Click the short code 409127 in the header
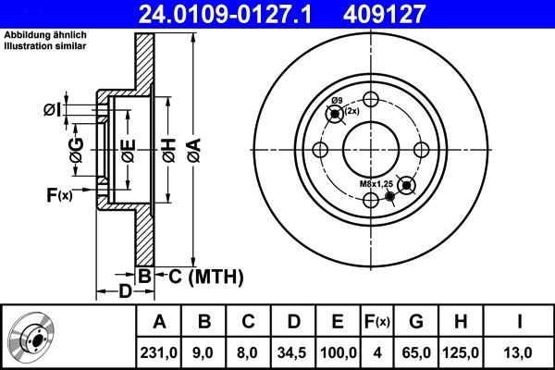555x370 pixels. [411, 14]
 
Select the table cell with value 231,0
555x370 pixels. [159, 351]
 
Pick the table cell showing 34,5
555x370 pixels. [292, 351]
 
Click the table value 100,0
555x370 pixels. [338, 351]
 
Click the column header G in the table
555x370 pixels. [416, 321]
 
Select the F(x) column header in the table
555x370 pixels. [377, 321]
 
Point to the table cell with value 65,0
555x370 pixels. [416, 351]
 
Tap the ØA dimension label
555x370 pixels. [193, 148]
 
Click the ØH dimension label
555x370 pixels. [168, 149]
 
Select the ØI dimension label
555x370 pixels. [53, 111]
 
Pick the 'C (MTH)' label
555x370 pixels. [198, 275]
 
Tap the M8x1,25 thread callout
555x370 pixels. [376, 184]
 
